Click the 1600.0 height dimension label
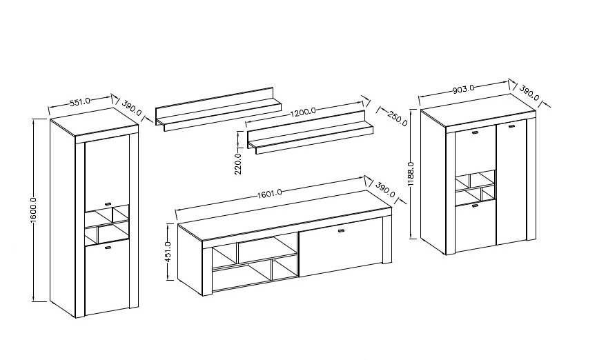(x=34, y=210)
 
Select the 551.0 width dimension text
(x=80, y=101)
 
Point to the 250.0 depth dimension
(x=398, y=119)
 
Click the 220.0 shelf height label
(x=238, y=163)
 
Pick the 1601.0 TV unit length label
(x=270, y=194)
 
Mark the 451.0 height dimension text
(x=168, y=252)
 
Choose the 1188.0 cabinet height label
(x=411, y=174)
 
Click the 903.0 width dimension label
(x=463, y=90)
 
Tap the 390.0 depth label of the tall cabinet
(x=132, y=108)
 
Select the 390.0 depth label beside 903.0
(x=529, y=92)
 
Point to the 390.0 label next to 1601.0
(x=385, y=190)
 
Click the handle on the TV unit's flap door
(x=341, y=230)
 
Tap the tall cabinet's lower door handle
(x=108, y=248)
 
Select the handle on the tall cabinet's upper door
(x=108, y=203)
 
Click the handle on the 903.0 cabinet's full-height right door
(x=511, y=126)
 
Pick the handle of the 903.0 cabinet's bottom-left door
(x=474, y=206)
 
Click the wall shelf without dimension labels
(x=218, y=109)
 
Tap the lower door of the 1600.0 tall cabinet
(x=107, y=279)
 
